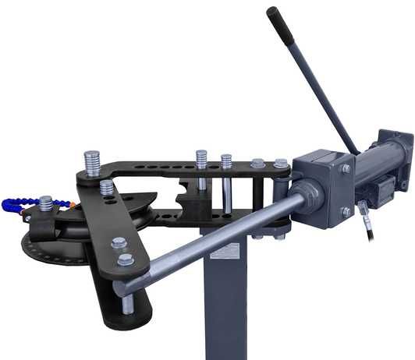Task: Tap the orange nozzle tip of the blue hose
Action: click(x=69, y=204)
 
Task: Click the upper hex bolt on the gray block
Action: click(x=344, y=168)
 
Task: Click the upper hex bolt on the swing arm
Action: click(x=119, y=244)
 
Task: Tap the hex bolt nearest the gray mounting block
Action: click(x=279, y=164)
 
